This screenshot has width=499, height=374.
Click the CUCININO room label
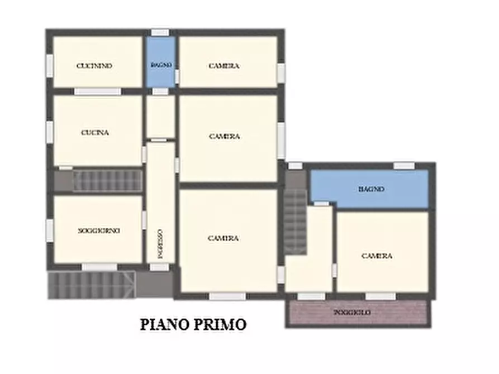[x=94, y=66]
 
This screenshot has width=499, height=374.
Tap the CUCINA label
[x=94, y=133]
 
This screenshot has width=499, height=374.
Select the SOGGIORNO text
[x=99, y=230]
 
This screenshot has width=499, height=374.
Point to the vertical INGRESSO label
[x=160, y=243]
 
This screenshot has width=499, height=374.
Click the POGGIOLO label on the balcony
[x=352, y=313]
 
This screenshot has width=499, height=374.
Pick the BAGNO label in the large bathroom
[x=371, y=189]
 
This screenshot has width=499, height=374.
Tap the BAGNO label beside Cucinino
[x=161, y=65]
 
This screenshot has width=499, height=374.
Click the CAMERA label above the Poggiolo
[x=377, y=256]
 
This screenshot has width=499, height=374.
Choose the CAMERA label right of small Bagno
[x=224, y=66]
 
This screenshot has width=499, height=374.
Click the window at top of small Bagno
[x=160, y=33]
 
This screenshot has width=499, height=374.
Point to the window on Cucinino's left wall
[x=50, y=66]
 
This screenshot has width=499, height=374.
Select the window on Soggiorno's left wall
[x=50, y=230]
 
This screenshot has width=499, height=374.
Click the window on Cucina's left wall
[x=50, y=131]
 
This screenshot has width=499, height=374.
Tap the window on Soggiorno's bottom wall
[x=99, y=267]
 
